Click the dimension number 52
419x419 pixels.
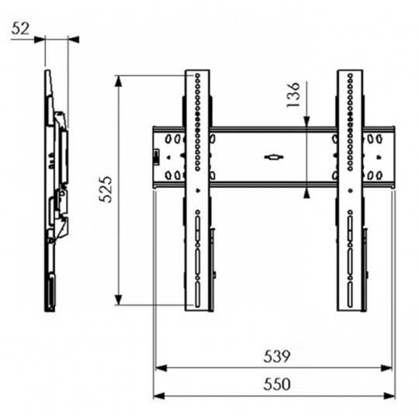click(20, 29)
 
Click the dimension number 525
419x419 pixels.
click(105, 189)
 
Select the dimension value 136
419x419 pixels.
click(293, 95)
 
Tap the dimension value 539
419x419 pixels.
click(276, 356)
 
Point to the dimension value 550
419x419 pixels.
click(276, 384)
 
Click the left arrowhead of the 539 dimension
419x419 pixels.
click(161, 369)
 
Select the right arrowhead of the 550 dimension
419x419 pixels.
click(389, 396)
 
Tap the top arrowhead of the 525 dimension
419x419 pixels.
click(119, 81)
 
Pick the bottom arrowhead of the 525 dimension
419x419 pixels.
click(119, 300)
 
